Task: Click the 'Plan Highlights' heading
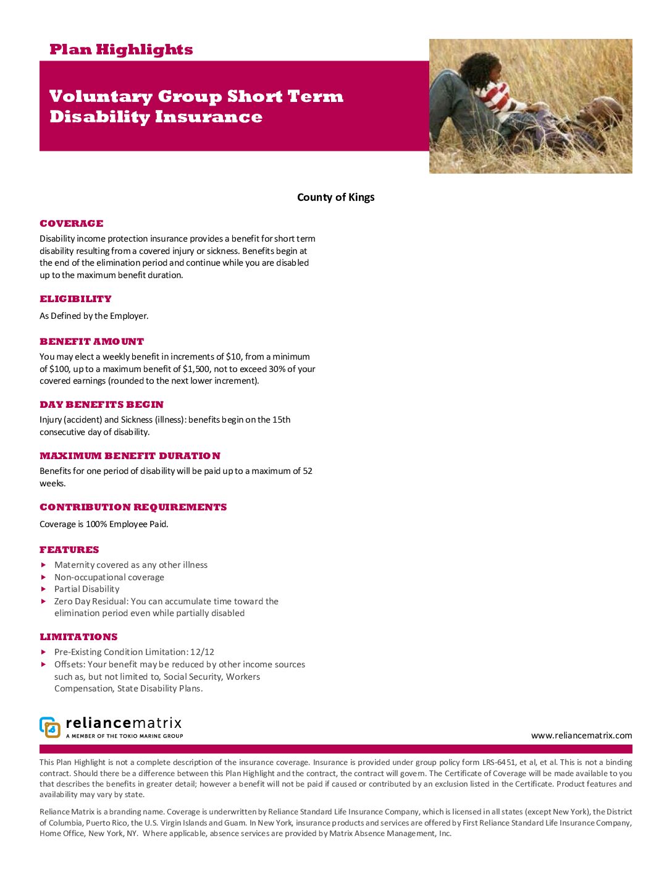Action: pos(121,49)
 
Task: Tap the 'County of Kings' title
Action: pos(335,197)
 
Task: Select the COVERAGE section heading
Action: pos(72,224)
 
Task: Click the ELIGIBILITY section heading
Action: pos(75,299)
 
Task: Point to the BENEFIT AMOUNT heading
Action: pos(91,342)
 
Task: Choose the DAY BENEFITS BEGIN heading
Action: pos(101,405)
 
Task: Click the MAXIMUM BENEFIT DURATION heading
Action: pos(130,456)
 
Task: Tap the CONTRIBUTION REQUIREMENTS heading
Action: pos(133,507)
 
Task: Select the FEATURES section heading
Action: pos(69,550)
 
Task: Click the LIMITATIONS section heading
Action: pos(78,637)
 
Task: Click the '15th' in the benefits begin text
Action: pos(282,420)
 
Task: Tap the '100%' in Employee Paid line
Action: pos(96,524)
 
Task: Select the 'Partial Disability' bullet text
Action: pos(86,589)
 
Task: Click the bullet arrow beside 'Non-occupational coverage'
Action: pos(44,577)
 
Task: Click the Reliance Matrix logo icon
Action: pos(50,727)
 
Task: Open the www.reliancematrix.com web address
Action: pos(581,735)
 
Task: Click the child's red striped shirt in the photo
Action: pos(494,99)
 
